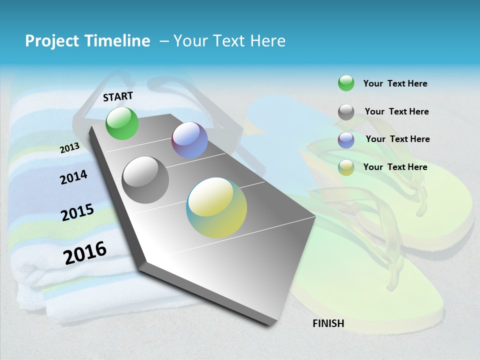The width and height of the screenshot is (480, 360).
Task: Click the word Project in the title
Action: (52, 41)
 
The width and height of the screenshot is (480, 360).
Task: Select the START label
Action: (118, 96)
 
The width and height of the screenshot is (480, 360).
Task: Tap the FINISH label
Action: (328, 323)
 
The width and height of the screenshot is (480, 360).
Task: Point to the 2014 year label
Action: (74, 177)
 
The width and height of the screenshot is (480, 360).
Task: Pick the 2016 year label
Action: (85, 252)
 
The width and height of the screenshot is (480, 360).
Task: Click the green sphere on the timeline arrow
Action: (122, 123)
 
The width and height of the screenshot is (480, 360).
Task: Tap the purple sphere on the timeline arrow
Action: (189, 140)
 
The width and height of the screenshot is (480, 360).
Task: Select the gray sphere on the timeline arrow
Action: (145, 180)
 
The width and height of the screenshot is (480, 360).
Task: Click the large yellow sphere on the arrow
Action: (216, 207)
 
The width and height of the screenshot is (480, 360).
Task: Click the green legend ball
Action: (346, 83)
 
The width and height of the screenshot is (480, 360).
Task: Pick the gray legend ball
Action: (346, 112)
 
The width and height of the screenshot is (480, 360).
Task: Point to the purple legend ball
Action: (346, 140)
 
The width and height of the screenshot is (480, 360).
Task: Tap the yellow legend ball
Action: (346, 167)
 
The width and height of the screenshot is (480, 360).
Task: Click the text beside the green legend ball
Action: (395, 83)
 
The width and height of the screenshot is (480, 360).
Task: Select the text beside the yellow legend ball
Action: (395, 167)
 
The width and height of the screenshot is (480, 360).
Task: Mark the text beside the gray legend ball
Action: (396, 111)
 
